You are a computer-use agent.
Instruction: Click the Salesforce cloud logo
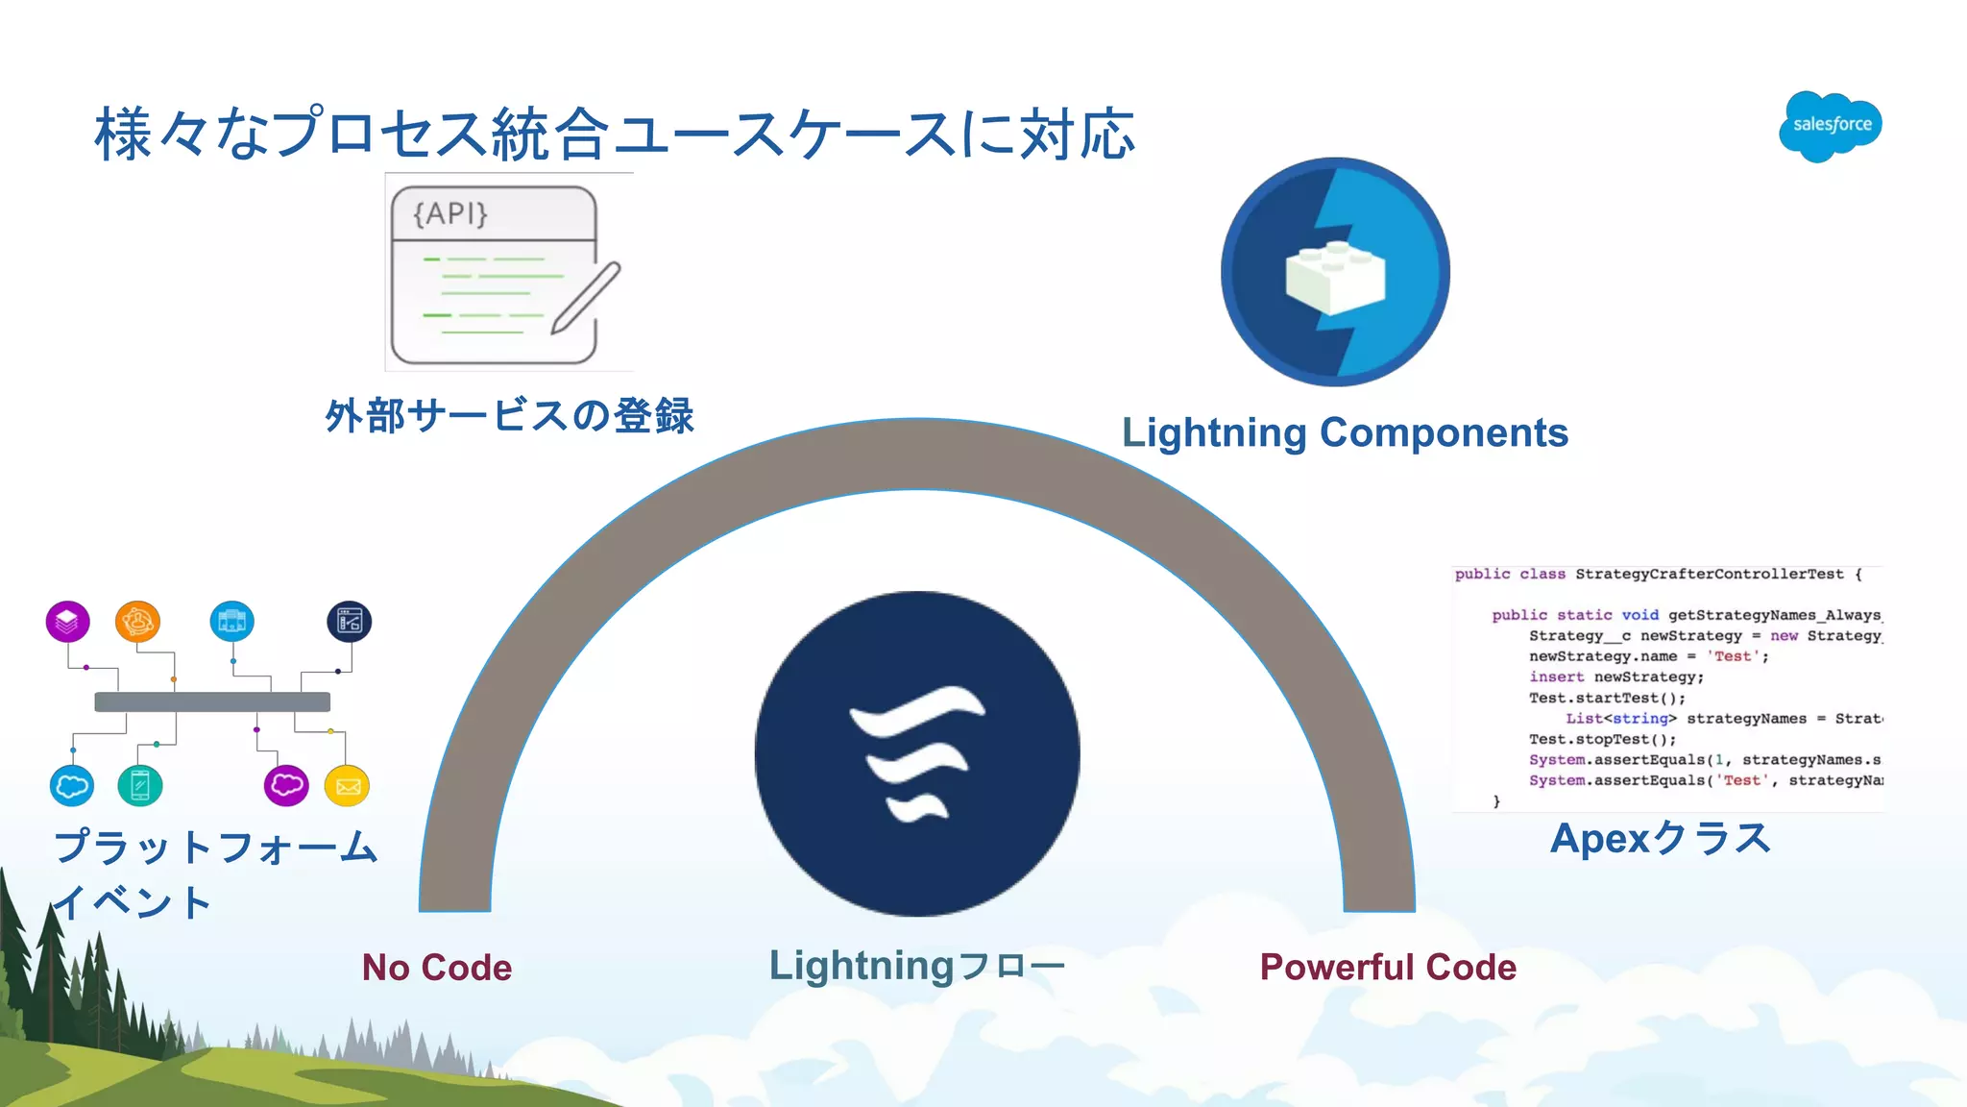[1830, 125]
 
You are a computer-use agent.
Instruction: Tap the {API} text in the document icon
[450, 213]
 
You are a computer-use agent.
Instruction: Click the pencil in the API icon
[585, 298]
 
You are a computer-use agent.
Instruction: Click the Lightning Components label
[1345, 432]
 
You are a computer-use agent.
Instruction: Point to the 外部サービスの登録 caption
[509, 416]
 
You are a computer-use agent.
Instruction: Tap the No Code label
[437, 967]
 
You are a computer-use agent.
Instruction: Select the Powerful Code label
[1388, 967]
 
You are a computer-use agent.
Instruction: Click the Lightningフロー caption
[917, 966]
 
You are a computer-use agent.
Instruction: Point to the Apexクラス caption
[1660, 838]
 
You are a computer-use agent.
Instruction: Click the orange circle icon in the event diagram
[137, 621]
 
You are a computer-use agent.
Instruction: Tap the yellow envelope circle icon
[347, 786]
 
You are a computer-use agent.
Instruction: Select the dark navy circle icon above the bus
[349, 622]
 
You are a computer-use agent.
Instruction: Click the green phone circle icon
[140, 786]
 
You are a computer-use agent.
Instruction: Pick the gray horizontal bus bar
[212, 701]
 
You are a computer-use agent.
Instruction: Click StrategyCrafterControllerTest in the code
[1710, 574]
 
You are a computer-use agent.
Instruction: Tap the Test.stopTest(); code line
[1602, 739]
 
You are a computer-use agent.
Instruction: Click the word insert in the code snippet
[1557, 676]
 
